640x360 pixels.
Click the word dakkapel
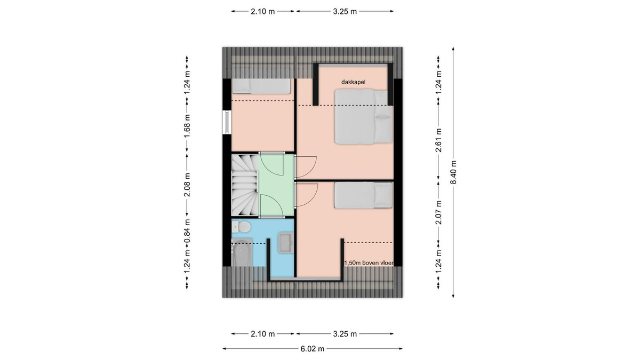(353, 82)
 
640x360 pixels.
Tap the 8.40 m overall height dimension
(453, 172)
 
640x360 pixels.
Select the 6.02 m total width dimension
(313, 349)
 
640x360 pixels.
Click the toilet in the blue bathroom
(241, 227)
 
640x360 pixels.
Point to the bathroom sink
(286, 243)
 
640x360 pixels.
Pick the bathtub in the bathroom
(242, 253)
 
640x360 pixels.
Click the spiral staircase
(245, 185)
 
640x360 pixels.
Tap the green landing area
(277, 185)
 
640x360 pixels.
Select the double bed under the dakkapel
(364, 116)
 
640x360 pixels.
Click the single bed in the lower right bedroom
(363, 195)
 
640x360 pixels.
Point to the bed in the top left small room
(261, 86)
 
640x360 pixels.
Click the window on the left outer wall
(227, 122)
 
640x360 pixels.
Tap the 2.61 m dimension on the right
(438, 140)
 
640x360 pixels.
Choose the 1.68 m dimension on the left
(187, 126)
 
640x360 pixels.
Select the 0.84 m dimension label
(187, 231)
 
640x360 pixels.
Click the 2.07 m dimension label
(438, 212)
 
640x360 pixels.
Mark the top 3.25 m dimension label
(345, 11)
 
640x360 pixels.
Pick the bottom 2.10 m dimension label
(262, 334)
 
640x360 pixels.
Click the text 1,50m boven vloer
(369, 263)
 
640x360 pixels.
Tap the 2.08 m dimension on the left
(187, 185)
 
